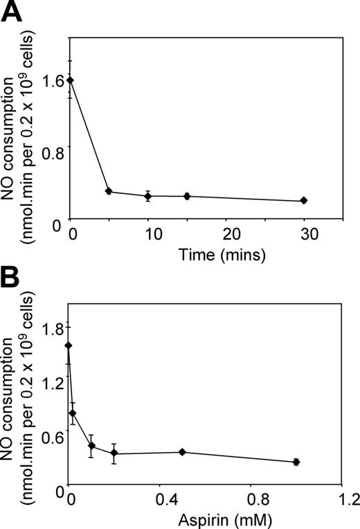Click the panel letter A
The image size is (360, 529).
click(13, 12)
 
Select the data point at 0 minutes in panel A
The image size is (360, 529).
click(69, 80)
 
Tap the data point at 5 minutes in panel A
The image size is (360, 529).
click(108, 191)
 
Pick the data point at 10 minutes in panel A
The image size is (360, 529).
click(147, 196)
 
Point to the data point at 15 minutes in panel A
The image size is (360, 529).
click(186, 196)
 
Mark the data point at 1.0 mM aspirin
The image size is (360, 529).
click(296, 462)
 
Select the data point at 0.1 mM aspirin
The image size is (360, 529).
click(91, 445)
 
